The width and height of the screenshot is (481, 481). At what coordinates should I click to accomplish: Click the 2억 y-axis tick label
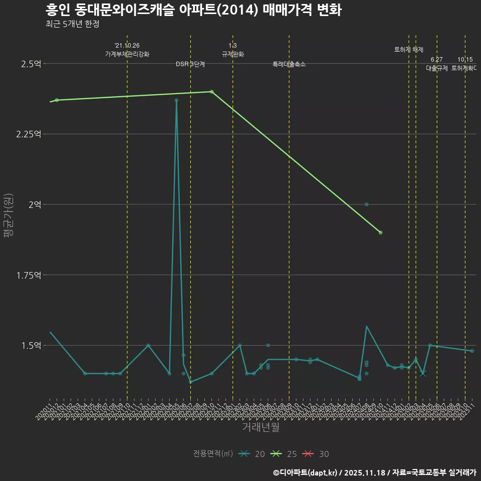point(37,204)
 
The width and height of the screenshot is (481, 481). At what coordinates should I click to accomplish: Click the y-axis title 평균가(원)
point(8,215)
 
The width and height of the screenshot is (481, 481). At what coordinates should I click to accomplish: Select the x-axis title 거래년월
point(261,427)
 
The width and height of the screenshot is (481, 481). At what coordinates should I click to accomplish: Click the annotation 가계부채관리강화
point(127,54)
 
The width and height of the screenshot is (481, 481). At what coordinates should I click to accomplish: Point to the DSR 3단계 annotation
point(190,65)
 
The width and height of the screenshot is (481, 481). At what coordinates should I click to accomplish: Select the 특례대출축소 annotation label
point(289,65)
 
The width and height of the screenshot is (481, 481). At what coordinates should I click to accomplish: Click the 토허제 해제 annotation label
point(409,50)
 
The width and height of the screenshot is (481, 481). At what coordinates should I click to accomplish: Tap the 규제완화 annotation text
point(232,54)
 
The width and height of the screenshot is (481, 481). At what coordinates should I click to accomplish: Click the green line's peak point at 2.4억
point(211,92)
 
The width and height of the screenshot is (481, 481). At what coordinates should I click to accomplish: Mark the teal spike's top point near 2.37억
point(176,100)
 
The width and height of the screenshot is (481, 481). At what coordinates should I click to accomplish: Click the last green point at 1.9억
point(381,232)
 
